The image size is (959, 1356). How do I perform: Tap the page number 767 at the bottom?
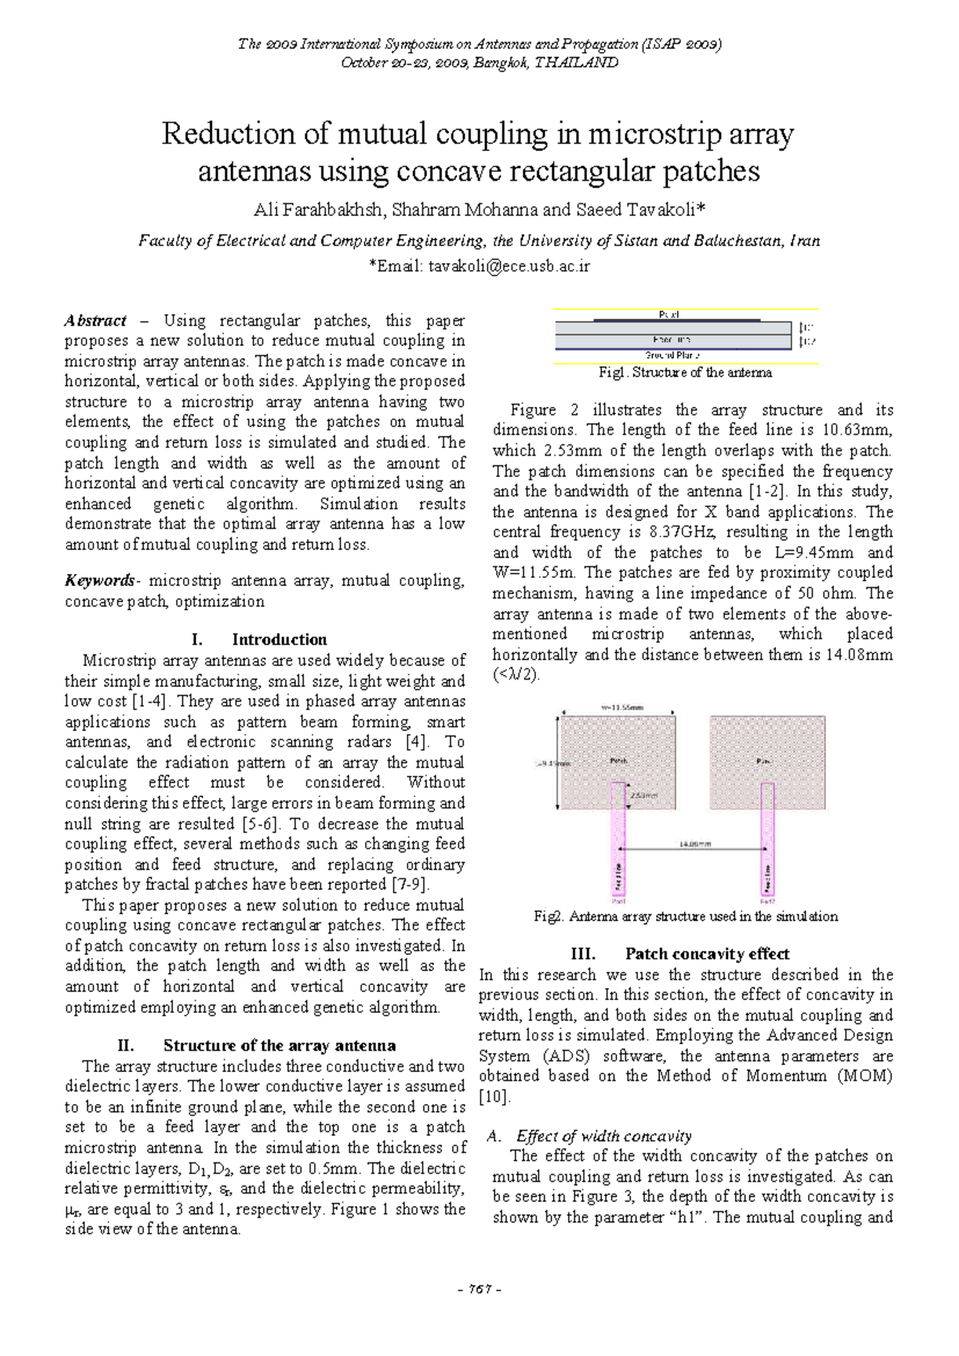480,1289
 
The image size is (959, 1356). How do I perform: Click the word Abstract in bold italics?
95,321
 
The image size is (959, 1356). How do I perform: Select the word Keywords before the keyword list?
100,580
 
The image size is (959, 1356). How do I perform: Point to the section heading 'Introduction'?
279,640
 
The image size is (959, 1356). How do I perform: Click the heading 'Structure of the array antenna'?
279,1046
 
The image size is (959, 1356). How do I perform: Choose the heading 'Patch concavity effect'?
706,954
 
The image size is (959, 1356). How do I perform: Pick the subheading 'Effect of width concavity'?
603,1136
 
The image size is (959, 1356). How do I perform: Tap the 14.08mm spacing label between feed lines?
694,844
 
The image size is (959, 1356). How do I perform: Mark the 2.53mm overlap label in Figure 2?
644,796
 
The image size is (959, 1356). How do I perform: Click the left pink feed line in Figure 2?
619,847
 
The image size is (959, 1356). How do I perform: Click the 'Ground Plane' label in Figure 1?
672,355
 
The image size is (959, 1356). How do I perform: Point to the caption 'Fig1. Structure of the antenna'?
685,373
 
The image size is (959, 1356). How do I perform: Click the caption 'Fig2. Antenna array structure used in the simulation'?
685,916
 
